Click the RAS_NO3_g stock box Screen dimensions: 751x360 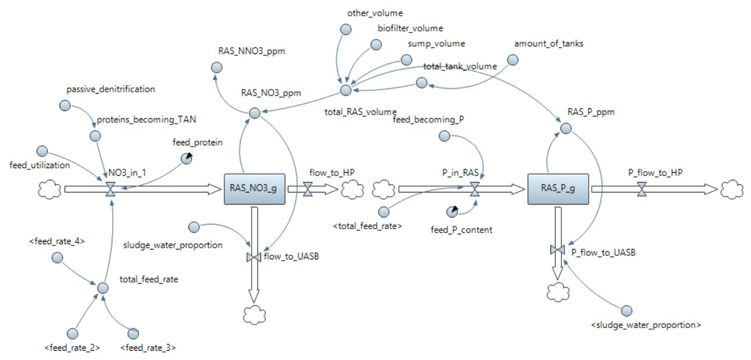pyautogui.click(x=255, y=189)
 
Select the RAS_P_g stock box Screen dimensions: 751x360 pyautogui.click(x=558, y=189)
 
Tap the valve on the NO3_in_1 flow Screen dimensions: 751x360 pyautogui.click(x=110, y=189)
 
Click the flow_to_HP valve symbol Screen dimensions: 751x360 pyautogui.click(x=307, y=189)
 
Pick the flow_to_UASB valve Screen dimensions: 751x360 pyautogui.click(x=254, y=257)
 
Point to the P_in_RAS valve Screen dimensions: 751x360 pyautogui.click(x=475, y=189)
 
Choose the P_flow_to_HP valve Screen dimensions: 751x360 pyautogui.click(x=642, y=189)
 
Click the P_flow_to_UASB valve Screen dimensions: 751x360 pyautogui.click(x=557, y=250)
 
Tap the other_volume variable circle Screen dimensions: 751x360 pyautogui.click(x=346, y=30)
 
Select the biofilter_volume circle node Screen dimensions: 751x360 pyautogui.click(x=376, y=45)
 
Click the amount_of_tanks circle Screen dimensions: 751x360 pyautogui.click(x=512, y=60)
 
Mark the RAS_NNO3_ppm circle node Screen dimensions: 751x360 pyautogui.click(x=217, y=67)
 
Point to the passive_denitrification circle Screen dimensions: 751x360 pyautogui.click(x=65, y=106)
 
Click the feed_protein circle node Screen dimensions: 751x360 pyautogui.click(x=187, y=159)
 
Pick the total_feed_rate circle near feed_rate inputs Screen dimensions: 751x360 pyautogui.click(x=102, y=288)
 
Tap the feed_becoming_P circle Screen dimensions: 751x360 pyautogui.click(x=444, y=136)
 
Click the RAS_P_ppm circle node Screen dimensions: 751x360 pyautogui.click(x=566, y=128)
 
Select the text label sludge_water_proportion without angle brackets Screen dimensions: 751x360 pyautogui.click(x=173, y=245)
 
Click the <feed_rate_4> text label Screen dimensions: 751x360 pyautogui.click(x=57, y=241)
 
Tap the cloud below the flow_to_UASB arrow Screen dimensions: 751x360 pyautogui.click(x=255, y=315)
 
